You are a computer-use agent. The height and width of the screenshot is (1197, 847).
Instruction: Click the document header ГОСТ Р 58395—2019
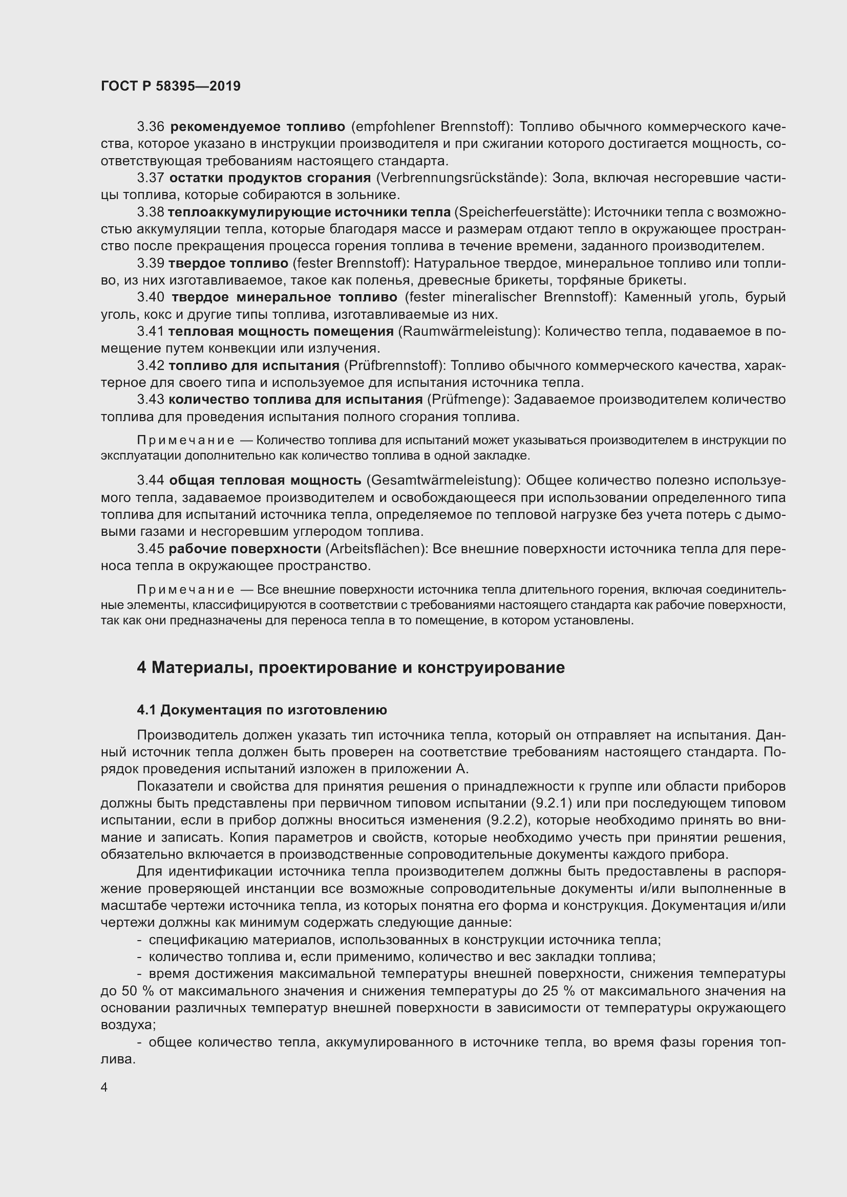click(171, 86)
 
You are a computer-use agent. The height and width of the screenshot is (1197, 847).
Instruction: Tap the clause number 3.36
click(151, 127)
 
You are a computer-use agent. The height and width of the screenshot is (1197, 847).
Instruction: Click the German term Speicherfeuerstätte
click(521, 212)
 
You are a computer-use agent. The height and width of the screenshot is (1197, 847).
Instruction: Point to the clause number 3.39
click(151, 263)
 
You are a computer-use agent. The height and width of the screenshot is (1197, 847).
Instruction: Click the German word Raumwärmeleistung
click(468, 332)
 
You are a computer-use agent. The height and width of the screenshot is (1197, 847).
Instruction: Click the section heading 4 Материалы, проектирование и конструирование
click(350, 668)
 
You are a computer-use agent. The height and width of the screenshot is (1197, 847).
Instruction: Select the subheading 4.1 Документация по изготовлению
click(262, 710)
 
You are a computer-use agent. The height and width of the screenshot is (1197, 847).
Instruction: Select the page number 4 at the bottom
click(104, 1087)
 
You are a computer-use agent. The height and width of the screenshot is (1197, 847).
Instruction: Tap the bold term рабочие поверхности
click(245, 549)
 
